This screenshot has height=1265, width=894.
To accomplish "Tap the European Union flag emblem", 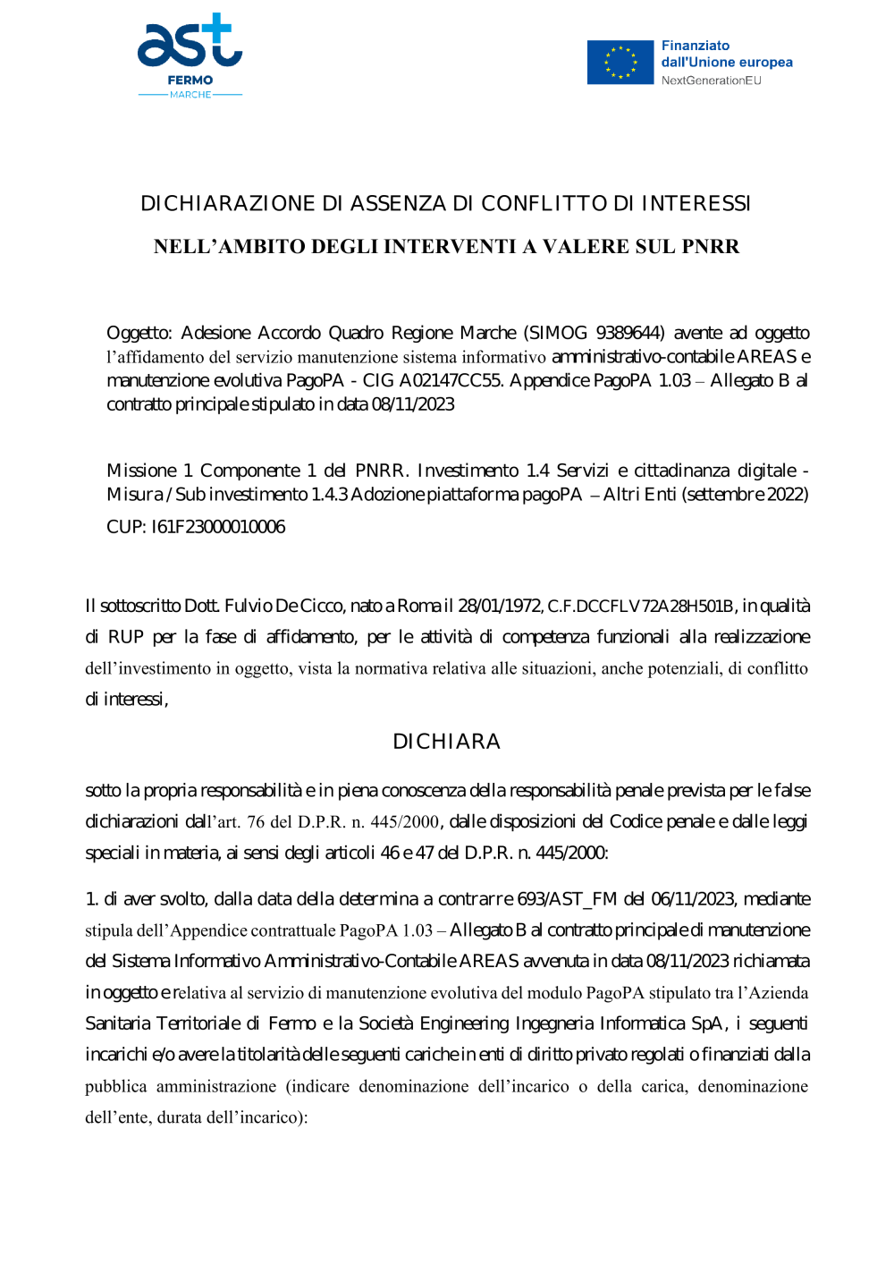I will tap(620, 63).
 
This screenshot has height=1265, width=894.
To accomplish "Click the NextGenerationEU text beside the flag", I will tap(711, 81).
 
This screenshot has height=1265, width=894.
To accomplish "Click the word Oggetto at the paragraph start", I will tap(139, 334).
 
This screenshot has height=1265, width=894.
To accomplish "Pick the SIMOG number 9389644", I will tap(629, 334).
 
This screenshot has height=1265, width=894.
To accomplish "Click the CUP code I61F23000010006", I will tap(218, 527).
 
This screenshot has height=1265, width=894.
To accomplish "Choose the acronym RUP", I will tap(125, 637).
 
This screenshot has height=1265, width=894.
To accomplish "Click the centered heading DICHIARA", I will tap(446, 742).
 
